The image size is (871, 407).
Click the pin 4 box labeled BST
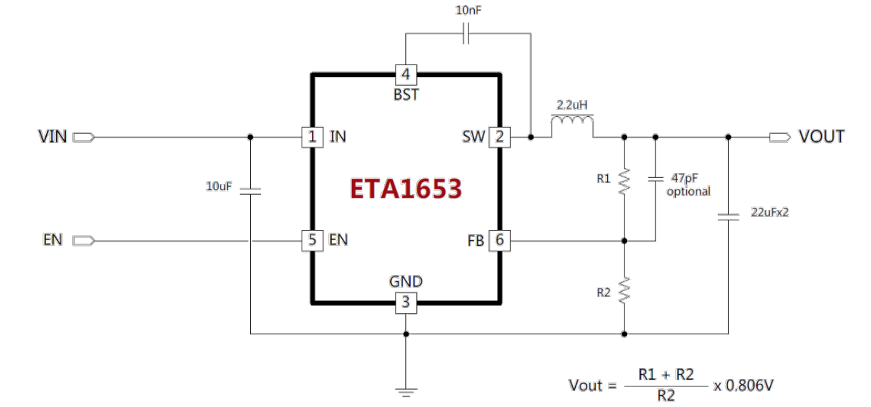pos(406,73)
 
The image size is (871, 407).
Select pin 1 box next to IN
pos(312,137)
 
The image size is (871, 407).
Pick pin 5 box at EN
pos(312,240)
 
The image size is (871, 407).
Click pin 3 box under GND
pos(406,302)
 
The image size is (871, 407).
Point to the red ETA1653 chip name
pos(405,189)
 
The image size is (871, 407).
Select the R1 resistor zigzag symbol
pos(624,183)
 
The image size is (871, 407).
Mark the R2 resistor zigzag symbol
pos(624,290)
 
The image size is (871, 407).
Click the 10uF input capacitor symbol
pos(250,191)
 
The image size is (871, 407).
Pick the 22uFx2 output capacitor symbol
pos(727,217)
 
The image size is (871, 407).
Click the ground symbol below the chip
pos(406,391)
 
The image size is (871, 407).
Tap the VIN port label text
pos(52,137)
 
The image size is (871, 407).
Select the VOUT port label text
pos(821,137)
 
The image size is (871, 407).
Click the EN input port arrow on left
pos(82,240)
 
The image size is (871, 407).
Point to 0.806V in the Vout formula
pos(749,386)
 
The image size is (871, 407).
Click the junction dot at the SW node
pos(531,137)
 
